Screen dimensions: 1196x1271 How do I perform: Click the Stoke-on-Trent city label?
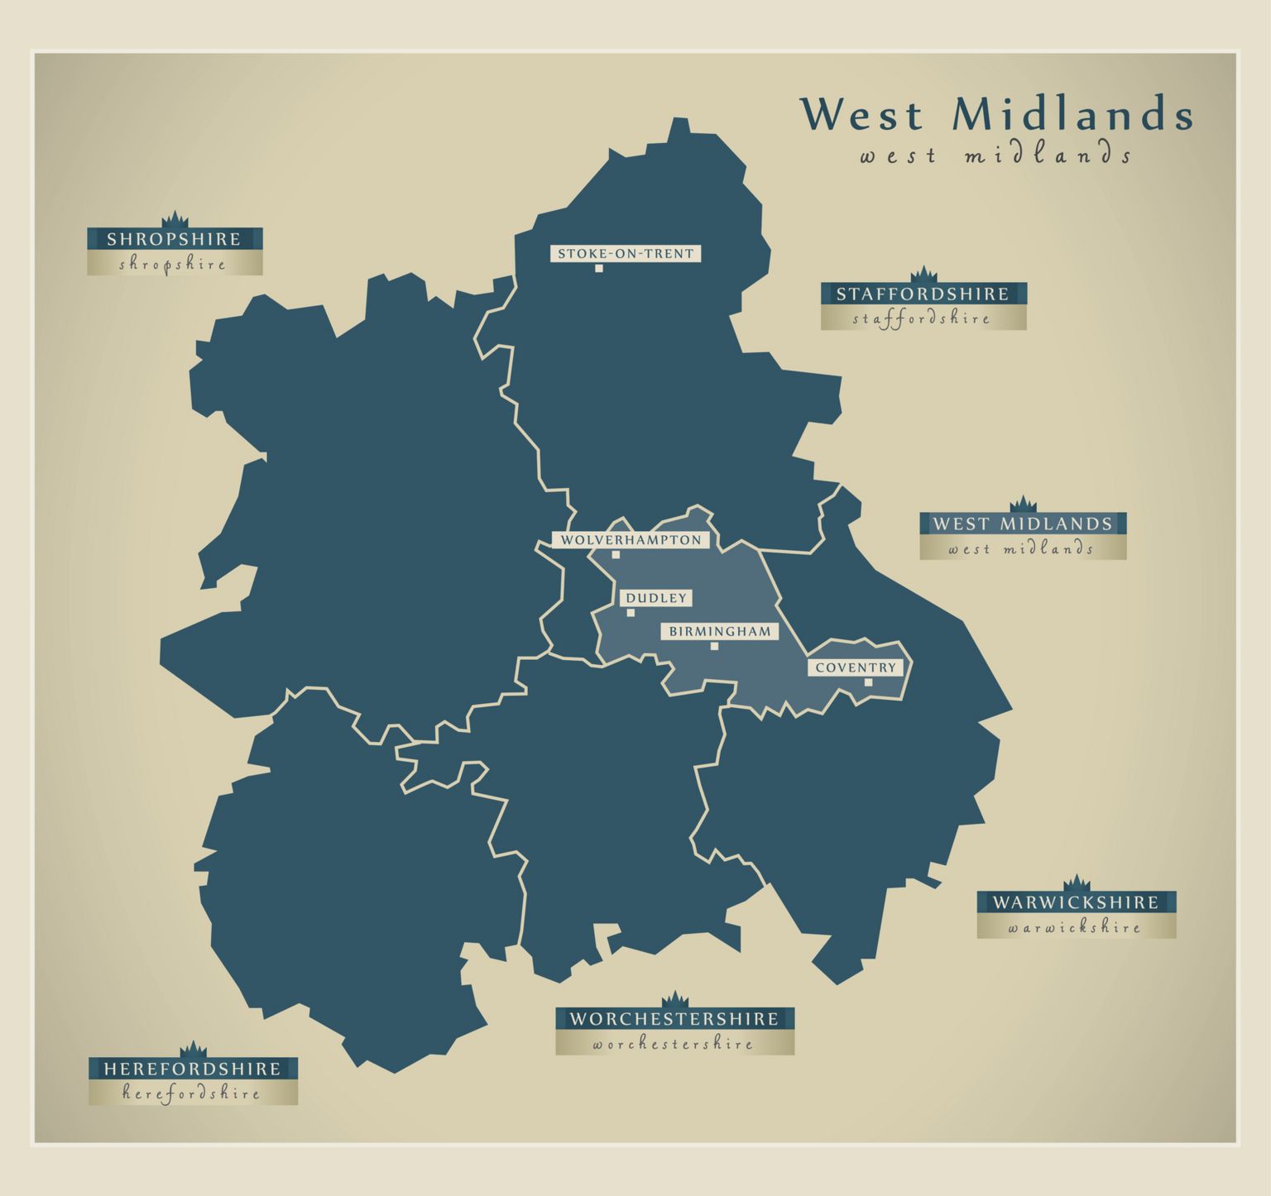coord(626,254)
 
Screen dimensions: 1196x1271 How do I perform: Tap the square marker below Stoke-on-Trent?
coord(599,268)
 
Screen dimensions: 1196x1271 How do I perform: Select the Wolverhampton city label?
coord(631,540)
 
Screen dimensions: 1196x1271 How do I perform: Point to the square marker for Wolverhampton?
coord(616,555)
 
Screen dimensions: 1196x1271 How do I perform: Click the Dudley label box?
coord(655,598)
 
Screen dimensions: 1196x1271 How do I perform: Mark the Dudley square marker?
coord(631,613)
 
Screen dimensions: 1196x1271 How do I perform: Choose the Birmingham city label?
coord(719,632)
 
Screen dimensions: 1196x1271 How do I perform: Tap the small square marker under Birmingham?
coord(714,646)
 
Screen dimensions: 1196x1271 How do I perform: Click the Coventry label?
coord(856,667)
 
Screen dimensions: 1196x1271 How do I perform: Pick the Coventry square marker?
coord(868,682)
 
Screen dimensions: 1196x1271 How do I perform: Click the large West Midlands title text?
coord(997,113)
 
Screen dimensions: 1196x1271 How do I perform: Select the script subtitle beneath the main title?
coord(995,155)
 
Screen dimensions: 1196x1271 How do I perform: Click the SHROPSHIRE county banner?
coord(175,240)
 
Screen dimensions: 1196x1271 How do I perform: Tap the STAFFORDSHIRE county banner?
coord(923,294)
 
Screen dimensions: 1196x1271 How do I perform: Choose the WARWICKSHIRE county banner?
coord(1076,902)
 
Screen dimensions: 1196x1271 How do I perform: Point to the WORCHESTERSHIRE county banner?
coord(674,1019)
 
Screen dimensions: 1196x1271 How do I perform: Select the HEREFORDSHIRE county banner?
coord(193,1069)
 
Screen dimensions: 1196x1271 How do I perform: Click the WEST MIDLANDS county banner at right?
coord(1023,524)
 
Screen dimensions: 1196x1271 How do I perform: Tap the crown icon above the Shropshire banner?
coord(175,219)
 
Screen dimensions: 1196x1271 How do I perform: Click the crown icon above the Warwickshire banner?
coord(1076,883)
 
